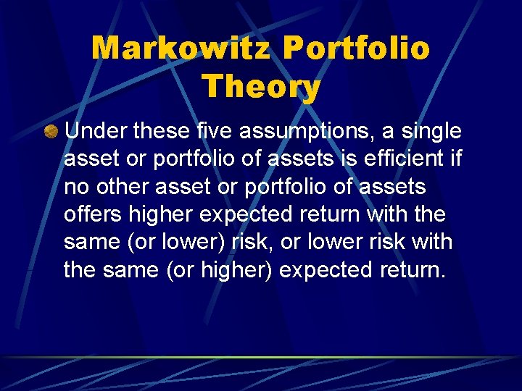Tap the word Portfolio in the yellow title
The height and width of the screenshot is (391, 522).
(x=356, y=49)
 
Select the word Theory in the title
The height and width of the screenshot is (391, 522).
(x=261, y=87)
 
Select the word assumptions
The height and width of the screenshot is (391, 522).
(x=297, y=133)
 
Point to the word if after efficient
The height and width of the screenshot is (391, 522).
(x=455, y=159)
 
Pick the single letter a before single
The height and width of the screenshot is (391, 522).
(x=382, y=133)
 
